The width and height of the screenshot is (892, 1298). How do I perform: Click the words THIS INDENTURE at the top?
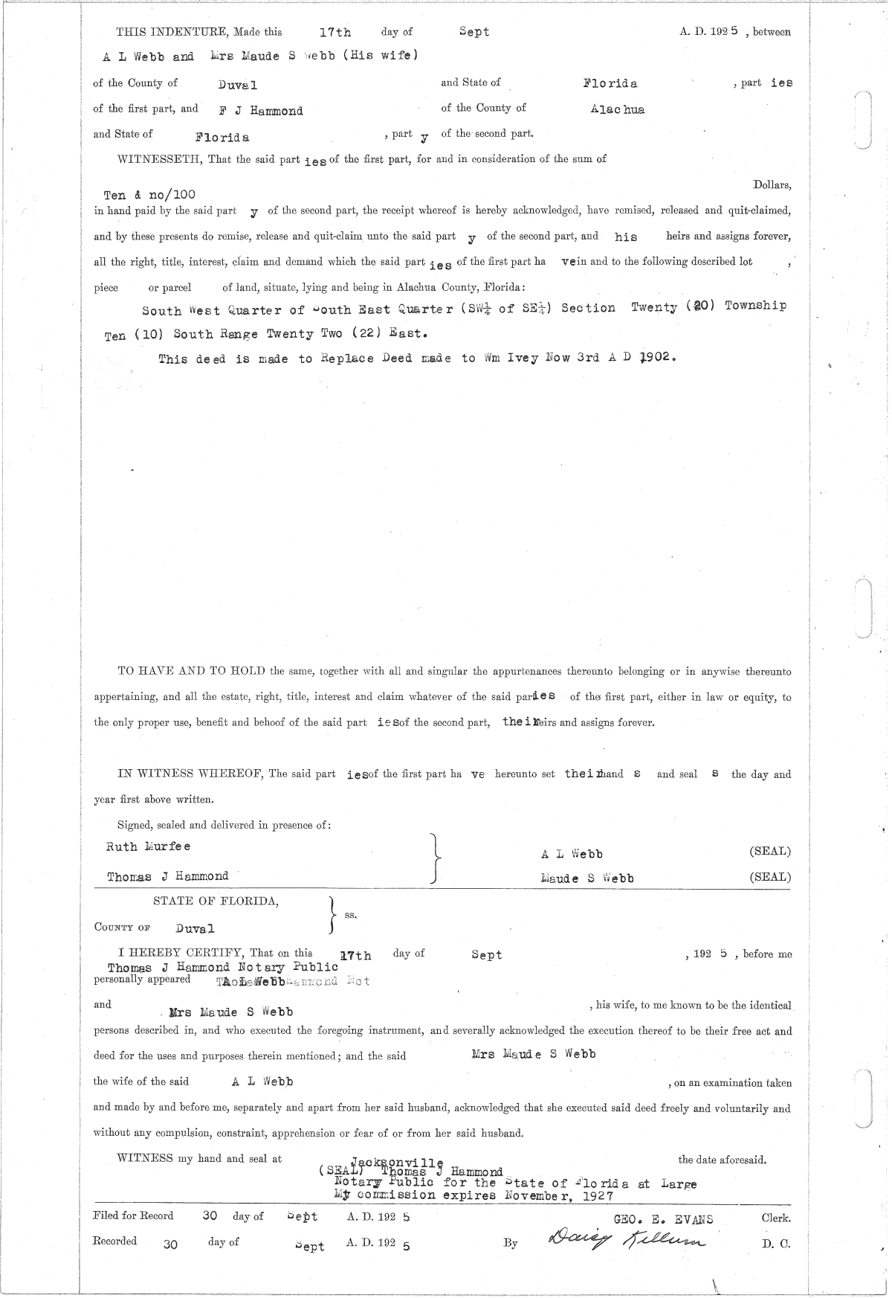pyautogui.click(x=172, y=32)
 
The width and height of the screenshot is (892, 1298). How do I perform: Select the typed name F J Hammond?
pyautogui.click(x=261, y=111)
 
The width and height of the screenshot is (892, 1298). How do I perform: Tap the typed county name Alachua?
pyautogui.click(x=617, y=109)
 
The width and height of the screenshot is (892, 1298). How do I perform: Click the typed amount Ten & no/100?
pyautogui.click(x=149, y=195)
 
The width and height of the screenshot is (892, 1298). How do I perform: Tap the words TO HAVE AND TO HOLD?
pyautogui.click(x=192, y=671)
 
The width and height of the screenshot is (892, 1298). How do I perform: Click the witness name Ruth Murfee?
pyautogui.click(x=149, y=846)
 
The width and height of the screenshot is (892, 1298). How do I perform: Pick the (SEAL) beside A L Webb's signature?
pyautogui.click(x=770, y=851)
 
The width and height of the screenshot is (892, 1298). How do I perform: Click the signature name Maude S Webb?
pyautogui.click(x=587, y=878)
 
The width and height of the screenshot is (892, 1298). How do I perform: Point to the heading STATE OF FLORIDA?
pyautogui.click(x=216, y=902)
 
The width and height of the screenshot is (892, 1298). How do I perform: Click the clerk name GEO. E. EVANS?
pyautogui.click(x=663, y=1220)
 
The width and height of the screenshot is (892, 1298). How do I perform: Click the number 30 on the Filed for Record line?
pyautogui.click(x=210, y=1216)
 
